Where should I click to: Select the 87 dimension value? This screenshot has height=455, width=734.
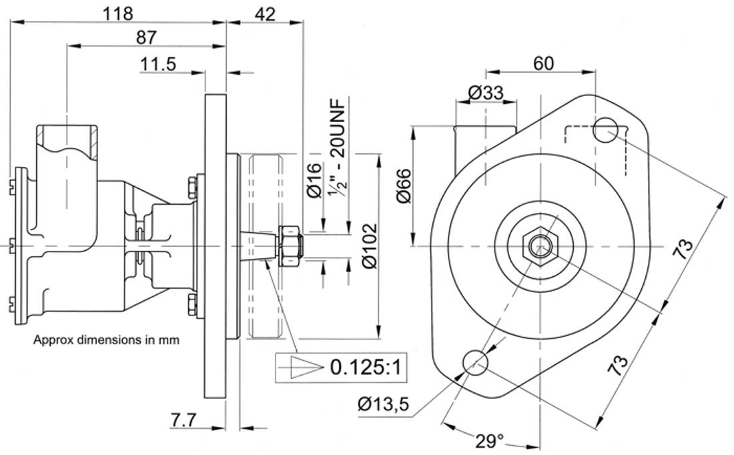(145, 37)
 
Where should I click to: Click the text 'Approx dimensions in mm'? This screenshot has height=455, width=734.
(107, 340)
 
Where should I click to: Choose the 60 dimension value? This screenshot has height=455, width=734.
(543, 63)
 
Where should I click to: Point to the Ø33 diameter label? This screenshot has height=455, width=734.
(485, 93)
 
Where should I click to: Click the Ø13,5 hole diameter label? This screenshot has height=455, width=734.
(383, 403)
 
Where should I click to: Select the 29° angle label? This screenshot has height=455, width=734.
(490, 440)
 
